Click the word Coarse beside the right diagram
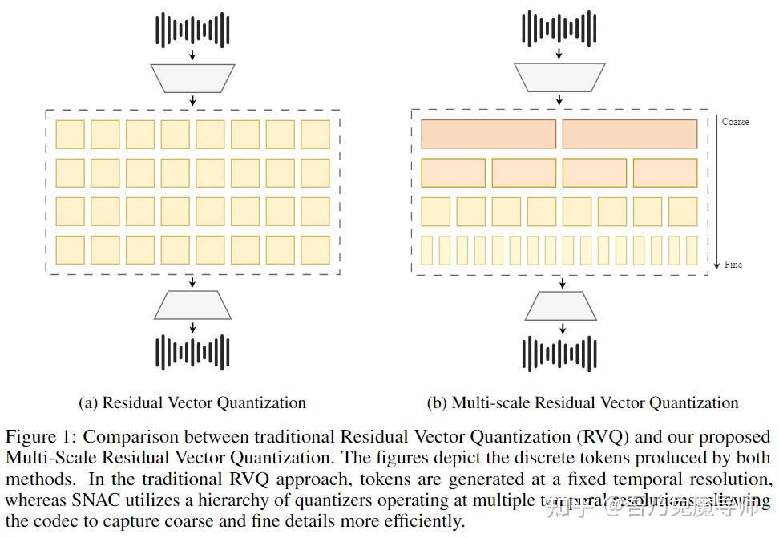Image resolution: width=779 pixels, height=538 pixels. tap(735, 122)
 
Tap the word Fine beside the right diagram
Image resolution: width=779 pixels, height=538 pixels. tap(733, 265)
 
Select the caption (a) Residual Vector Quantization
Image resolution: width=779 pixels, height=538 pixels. tap(192, 402)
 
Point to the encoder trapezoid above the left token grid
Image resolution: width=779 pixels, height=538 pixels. tap(192, 79)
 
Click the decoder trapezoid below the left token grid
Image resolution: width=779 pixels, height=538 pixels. tap(192, 305)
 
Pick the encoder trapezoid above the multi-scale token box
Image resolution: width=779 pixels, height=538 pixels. tap(559, 79)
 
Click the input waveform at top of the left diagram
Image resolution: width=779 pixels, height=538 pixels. tap(192, 30)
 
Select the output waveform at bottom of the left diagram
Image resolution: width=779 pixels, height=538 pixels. tap(192, 352)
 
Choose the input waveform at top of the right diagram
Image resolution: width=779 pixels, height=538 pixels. tap(559, 30)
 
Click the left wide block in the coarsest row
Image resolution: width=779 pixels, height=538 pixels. tap(488, 134)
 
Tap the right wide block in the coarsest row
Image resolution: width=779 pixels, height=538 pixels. tap(630, 134)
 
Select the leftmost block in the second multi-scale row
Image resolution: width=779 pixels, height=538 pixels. tap(453, 172)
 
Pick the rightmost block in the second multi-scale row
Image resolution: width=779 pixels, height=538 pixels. tap(665, 172)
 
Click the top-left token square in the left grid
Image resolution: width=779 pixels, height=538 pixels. tap(70, 134)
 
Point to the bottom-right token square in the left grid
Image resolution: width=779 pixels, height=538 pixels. tap(315, 250)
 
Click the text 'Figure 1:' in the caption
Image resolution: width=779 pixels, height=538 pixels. tap(41, 438)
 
